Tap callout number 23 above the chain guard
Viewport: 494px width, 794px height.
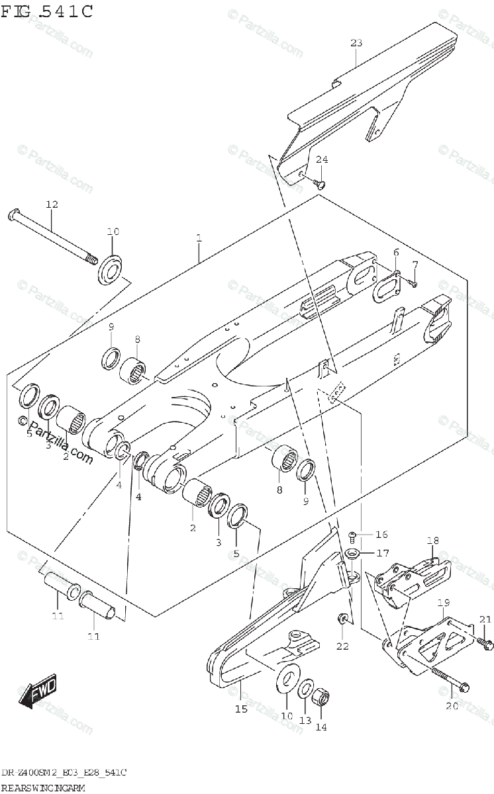(x=356, y=44)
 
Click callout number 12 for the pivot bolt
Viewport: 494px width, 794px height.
(x=52, y=204)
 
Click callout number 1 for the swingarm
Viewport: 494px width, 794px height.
(x=199, y=238)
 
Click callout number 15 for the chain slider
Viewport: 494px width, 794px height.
(x=240, y=709)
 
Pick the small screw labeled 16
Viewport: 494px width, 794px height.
(x=352, y=535)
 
